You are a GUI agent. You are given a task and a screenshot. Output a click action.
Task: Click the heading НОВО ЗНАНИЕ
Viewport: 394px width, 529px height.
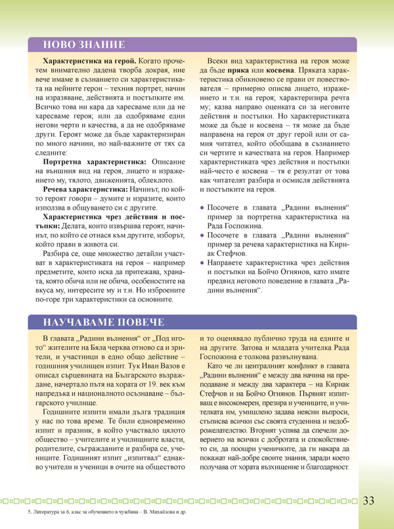pos(83,45)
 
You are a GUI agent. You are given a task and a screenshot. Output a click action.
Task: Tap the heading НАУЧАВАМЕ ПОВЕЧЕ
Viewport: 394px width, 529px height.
pos(102,323)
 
